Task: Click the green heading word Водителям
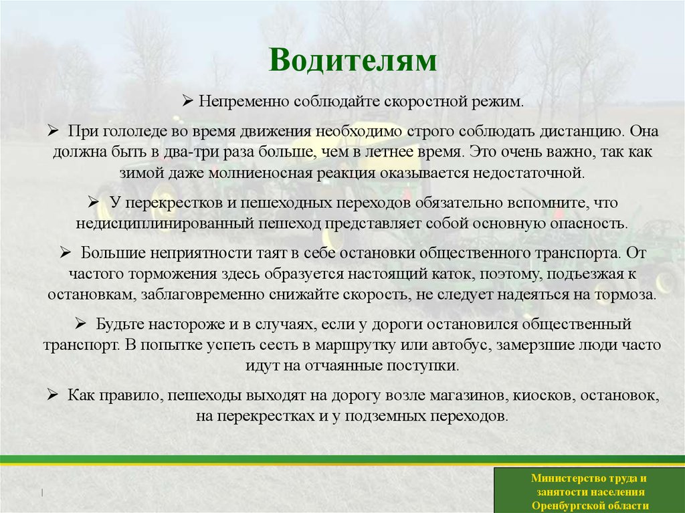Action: (x=353, y=61)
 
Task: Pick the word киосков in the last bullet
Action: (x=543, y=395)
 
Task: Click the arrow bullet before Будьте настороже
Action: (x=78, y=324)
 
